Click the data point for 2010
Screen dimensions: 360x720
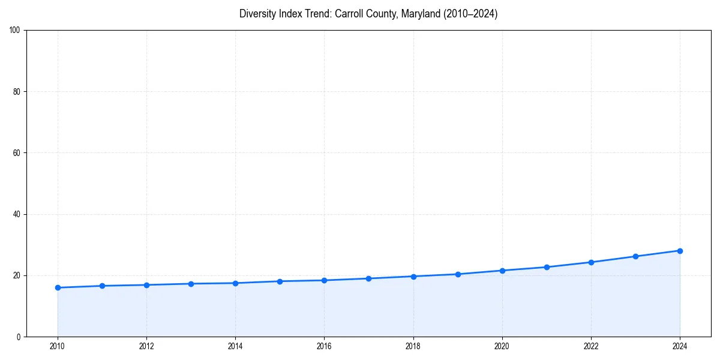pyautogui.click(x=58, y=287)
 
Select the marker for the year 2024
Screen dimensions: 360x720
pyautogui.click(x=680, y=251)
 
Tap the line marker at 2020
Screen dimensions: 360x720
pyautogui.click(x=502, y=271)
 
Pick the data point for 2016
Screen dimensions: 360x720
pyautogui.click(x=324, y=280)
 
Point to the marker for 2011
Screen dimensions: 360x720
pyautogui.click(x=102, y=286)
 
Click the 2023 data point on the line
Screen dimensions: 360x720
pyautogui.click(x=635, y=256)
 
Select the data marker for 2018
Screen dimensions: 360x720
pyautogui.click(x=413, y=276)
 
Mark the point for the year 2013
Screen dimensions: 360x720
pyautogui.click(x=191, y=284)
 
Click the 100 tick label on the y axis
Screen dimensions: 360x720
pyautogui.click(x=16, y=31)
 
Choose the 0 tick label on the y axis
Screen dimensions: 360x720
pyautogui.click(x=19, y=337)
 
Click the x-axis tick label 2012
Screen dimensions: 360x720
pyautogui.click(x=146, y=346)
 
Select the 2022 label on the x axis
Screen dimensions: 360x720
pyautogui.click(x=591, y=346)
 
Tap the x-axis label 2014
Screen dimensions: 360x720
pyautogui.click(x=235, y=346)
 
